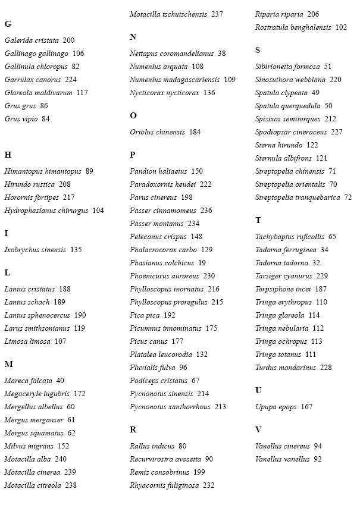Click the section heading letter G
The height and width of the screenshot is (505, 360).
[x=8, y=24]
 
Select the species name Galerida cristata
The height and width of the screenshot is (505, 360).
[x=32, y=40]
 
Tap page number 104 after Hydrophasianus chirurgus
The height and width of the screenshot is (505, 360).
[x=98, y=211]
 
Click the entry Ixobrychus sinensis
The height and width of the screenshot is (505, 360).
[x=35, y=250]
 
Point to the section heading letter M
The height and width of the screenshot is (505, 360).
[x=8, y=364]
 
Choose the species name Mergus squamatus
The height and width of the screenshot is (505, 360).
[x=34, y=433]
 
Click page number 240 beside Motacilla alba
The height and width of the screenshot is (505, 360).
[x=61, y=459]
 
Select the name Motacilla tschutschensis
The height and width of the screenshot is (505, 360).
[x=168, y=14]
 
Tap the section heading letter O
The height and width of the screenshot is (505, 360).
[x=133, y=115]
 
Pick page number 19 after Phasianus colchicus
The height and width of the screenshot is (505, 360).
[x=202, y=263]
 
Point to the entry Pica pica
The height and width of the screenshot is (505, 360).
[x=145, y=315]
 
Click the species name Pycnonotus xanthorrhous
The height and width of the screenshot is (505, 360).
[x=170, y=407]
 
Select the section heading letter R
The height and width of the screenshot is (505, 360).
[x=133, y=429]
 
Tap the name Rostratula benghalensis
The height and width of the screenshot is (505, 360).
[x=293, y=27]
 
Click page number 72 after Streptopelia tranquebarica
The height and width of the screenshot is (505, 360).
[x=348, y=197]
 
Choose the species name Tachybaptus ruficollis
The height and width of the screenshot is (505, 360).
[x=290, y=237]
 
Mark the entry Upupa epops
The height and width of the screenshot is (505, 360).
[x=276, y=407]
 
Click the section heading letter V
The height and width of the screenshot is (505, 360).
[x=258, y=429]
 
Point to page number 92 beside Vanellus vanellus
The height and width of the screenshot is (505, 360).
[x=318, y=459]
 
